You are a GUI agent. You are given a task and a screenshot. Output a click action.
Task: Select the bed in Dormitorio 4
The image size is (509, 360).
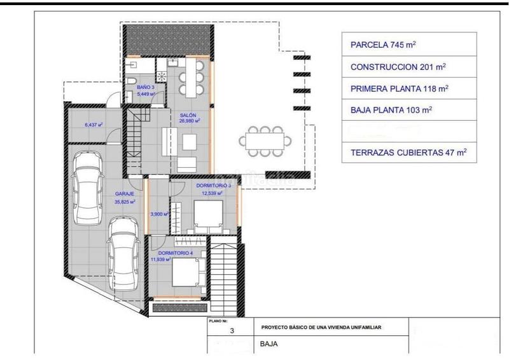[x=188, y=275]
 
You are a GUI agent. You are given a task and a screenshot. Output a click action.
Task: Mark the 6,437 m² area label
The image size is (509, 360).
[x=94, y=125]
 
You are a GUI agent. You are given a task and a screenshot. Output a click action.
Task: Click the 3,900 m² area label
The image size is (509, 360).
[x=158, y=214]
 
